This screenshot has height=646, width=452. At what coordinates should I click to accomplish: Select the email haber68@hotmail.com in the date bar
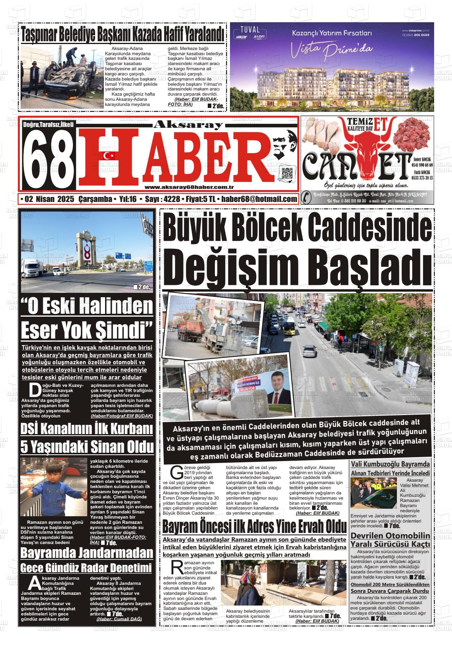pyautogui.click(x=259, y=199)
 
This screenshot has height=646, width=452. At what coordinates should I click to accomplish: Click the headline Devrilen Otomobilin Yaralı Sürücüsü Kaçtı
pyautogui.click(x=390, y=540)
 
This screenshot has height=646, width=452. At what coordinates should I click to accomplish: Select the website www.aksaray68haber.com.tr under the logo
pyautogui.click(x=189, y=187)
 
